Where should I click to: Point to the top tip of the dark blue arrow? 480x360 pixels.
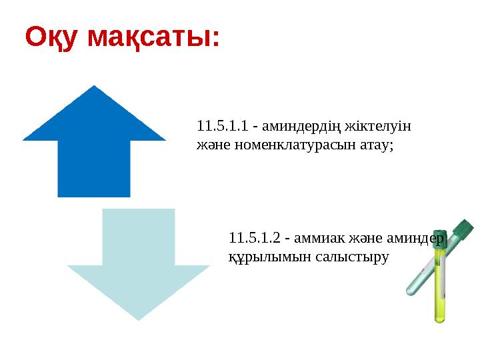pos(94,87)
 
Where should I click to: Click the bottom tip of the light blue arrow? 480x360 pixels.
pos(139,319)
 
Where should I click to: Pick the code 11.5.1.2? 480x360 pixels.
pos(253,238)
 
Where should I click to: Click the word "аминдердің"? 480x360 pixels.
pos(301,126)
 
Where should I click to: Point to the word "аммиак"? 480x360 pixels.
pos(317,238)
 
